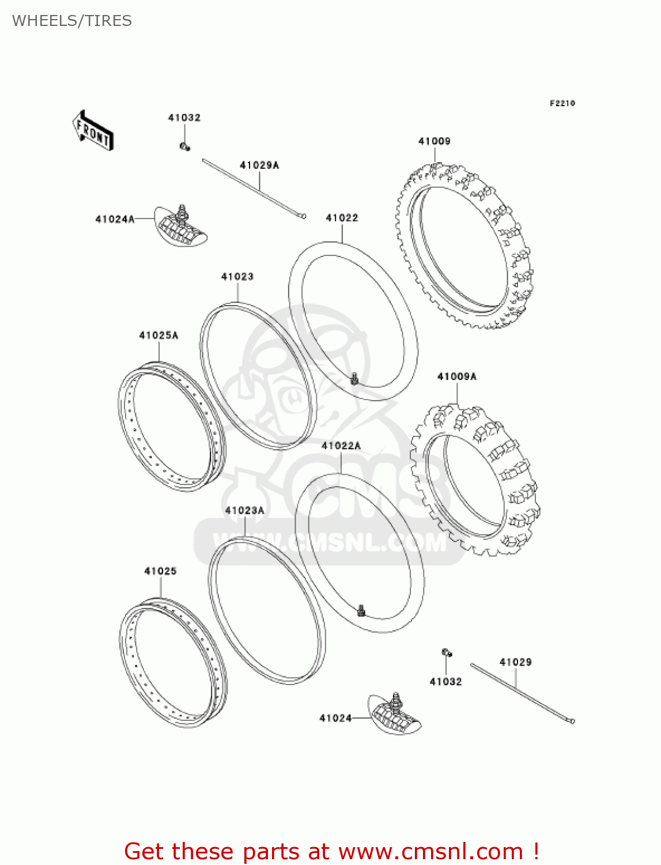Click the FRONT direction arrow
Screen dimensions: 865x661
(x=93, y=131)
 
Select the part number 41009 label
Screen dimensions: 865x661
(x=434, y=141)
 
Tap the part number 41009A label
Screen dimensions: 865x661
(x=457, y=377)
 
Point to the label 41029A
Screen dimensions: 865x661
(x=259, y=166)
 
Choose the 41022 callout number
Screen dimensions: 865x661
(x=342, y=218)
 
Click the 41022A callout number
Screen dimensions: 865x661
(x=341, y=446)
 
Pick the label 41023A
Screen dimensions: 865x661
(x=245, y=510)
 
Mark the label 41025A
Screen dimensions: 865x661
(x=158, y=335)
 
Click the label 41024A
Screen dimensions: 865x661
(x=115, y=219)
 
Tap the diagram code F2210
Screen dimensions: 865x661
(x=562, y=103)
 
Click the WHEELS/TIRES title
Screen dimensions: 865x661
(x=72, y=21)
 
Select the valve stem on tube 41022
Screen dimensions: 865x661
(x=354, y=378)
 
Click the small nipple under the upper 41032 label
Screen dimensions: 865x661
(x=184, y=146)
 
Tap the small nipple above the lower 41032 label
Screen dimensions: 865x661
(x=447, y=653)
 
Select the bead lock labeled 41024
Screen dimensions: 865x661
(x=395, y=713)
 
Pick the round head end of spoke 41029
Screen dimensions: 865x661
(x=572, y=721)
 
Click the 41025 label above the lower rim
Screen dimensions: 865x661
(x=160, y=571)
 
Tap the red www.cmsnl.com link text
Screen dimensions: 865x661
(x=430, y=851)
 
